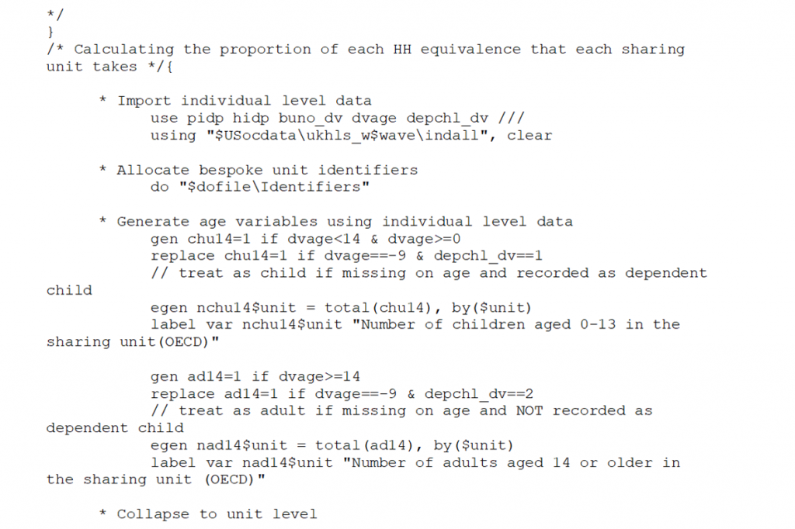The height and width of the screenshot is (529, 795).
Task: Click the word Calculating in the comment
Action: click(123, 49)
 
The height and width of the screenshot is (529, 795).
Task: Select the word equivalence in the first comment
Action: click(470, 49)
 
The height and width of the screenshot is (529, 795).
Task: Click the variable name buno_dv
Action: click(311, 118)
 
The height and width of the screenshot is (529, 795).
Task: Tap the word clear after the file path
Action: click(529, 135)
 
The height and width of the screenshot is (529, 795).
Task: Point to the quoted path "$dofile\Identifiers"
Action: click(274, 187)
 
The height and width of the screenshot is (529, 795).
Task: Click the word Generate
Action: click(153, 221)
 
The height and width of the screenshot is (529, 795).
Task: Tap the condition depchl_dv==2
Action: click(478, 394)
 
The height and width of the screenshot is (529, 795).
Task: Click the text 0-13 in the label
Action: click(598, 324)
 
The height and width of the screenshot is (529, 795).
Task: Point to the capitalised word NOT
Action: click(529, 410)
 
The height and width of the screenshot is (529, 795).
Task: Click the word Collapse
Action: click(153, 514)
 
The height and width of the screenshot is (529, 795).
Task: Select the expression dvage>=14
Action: click(319, 376)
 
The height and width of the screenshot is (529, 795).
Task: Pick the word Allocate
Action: click(153, 170)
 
